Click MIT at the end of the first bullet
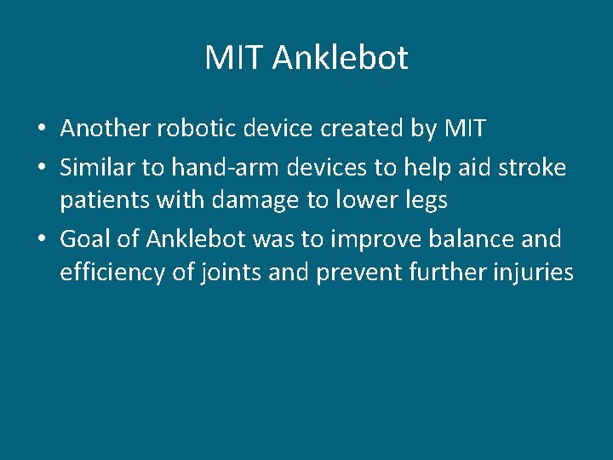[465, 129]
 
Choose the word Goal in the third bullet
[85, 239]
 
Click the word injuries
[532, 273]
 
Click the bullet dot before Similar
[41, 169]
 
